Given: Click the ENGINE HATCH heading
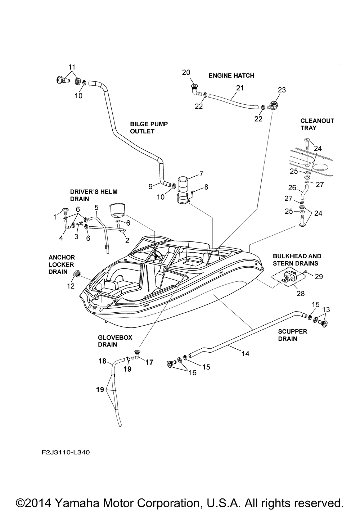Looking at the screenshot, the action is click(231, 76).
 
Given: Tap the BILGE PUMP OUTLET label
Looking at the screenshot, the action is click(149, 127).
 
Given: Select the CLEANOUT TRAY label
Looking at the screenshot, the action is click(317, 124).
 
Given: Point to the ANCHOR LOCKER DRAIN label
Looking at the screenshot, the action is click(62, 264).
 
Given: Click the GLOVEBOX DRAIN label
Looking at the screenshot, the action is click(115, 341).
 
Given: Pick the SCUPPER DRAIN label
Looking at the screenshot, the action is click(293, 335).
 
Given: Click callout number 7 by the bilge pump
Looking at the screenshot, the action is click(201, 174).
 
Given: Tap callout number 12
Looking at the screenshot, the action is click(71, 286).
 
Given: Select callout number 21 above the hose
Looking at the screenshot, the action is click(240, 88).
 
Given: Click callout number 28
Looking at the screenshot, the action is click(301, 294).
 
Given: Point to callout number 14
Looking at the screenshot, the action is click(246, 354).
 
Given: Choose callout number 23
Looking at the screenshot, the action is click(282, 90).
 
